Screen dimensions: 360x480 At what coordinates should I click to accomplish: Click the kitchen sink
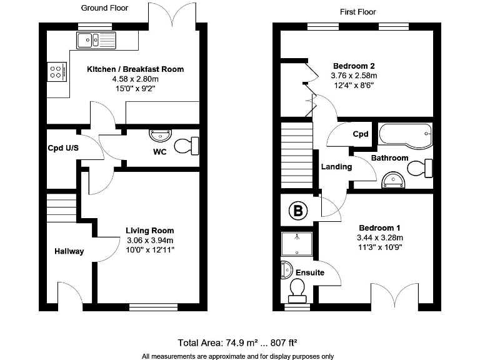coord(95,41)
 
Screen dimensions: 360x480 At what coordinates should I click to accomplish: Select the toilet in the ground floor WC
coord(186,146)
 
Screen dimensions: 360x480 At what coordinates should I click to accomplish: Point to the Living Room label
coord(150,231)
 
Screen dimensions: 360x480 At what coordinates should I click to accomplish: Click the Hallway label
coord(68,251)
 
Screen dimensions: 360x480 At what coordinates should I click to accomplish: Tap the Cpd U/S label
coord(62,149)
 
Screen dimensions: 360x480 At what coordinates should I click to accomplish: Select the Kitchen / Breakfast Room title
coord(135,69)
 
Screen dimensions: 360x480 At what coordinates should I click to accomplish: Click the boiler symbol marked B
coord(297,211)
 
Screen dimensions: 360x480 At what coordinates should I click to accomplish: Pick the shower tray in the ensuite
coord(297,244)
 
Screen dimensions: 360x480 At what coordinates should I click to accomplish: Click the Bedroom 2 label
coord(354,66)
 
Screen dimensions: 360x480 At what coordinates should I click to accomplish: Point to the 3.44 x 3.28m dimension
coord(379,237)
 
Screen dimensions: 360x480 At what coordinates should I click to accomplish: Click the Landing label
coord(336,167)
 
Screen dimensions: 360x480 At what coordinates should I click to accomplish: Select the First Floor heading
coord(358,12)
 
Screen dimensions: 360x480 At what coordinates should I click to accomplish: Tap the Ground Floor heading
coord(104,8)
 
